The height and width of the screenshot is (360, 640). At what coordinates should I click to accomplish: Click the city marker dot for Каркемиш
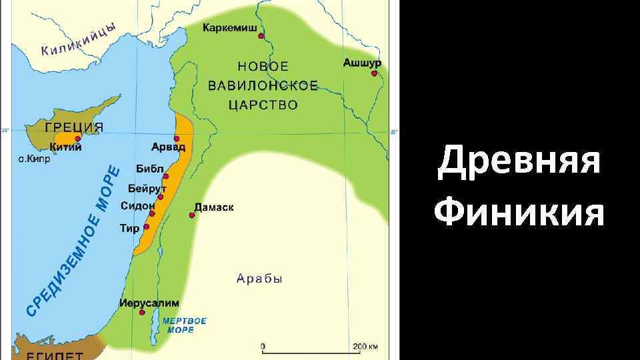pyautogui.click(x=261, y=36)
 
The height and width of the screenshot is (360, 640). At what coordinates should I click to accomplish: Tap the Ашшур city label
pyautogui.click(x=362, y=62)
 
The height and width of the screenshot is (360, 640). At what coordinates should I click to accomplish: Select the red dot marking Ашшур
pyautogui.click(x=375, y=73)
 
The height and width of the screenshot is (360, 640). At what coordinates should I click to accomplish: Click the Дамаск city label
pyautogui.click(x=214, y=208)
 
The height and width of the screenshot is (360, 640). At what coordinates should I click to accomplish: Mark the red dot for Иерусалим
pyautogui.click(x=142, y=312)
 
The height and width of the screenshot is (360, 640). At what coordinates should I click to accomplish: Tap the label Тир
pyautogui.click(x=129, y=228)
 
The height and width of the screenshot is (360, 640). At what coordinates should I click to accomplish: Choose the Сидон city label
pyautogui.click(x=137, y=206)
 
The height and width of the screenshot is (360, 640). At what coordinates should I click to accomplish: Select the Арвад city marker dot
pyautogui.click(x=177, y=138)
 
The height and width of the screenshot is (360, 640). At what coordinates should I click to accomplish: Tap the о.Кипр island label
pyautogui.click(x=33, y=159)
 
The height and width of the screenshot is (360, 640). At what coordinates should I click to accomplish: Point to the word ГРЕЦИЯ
pyautogui.click(x=74, y=127)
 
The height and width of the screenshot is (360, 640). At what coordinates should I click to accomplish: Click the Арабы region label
pyautogui.click(x=259, y=279)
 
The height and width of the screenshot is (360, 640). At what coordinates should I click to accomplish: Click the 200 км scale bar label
pyautogui.click(x=365, y=347)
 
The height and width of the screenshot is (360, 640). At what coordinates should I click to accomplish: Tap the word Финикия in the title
pyautogui.click(x=519, y=214)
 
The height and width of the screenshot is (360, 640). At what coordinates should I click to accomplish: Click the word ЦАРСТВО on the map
pyautogui.click(x=263, y=105)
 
